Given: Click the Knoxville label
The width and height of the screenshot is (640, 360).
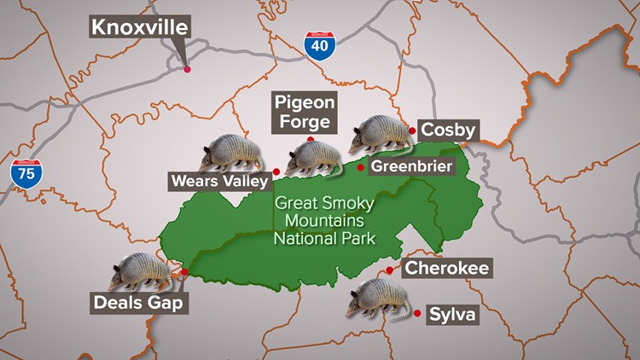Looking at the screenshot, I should point(139,27).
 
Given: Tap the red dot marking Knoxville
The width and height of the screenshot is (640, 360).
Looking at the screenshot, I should point(187,69).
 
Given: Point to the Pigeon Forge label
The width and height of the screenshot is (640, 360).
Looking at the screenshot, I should point(305,112).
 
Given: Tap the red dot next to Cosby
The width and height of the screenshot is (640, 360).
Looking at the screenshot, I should point(412,131).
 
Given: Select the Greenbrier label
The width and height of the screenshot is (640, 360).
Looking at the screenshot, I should point(410,167).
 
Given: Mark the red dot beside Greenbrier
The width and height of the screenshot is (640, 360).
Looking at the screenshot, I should point(361,168).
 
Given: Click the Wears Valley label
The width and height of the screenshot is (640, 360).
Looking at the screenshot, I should point(220,180).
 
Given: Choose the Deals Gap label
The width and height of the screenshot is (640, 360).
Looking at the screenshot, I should point(138,303).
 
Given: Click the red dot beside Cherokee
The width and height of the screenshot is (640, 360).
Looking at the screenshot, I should point(390,270).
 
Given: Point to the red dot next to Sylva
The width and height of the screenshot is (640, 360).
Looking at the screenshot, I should point(417,314).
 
